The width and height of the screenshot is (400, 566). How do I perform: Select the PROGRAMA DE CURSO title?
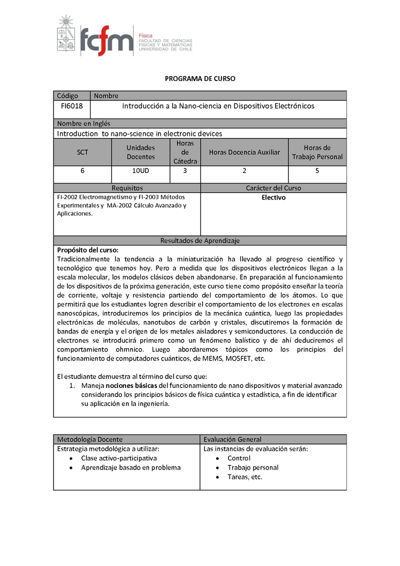point(200,78)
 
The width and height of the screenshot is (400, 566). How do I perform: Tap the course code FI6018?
point(72,106)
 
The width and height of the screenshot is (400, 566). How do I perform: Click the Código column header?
point(67,95)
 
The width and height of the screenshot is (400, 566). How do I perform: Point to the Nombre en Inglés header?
point(83,123)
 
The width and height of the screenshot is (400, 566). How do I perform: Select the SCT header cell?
point(82,152)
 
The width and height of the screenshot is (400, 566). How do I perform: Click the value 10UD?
point(140,170)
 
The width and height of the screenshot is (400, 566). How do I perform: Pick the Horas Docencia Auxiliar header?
point(244,152)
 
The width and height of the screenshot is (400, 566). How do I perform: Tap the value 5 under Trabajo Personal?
point(317,170)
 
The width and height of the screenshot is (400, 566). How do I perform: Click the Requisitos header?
point(127,188)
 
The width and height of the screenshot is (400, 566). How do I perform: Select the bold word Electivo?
point(273,197)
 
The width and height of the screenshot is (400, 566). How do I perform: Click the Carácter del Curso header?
point(273,188)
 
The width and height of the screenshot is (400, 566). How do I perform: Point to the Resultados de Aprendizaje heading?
point(200,240)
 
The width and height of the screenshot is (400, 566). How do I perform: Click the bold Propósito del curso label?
point(87,249)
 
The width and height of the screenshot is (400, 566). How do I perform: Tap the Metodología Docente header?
point(89,439)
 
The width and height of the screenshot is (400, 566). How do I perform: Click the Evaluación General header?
point(232,439)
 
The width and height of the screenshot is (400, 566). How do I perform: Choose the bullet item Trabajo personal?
point(253,467)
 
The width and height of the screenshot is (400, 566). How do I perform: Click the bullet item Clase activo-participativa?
point(119,458)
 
